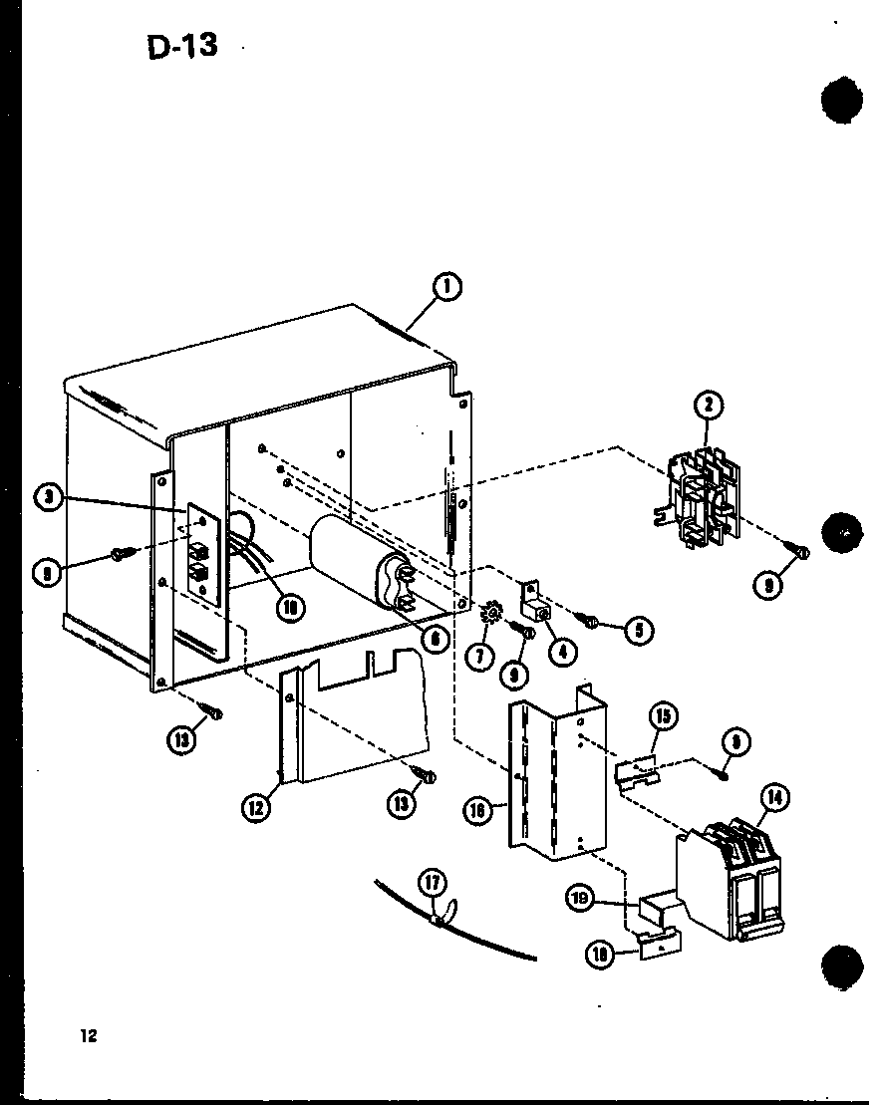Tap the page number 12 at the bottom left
(90, 1035)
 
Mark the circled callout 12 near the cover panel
(256, 808)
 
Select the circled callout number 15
(663, 717)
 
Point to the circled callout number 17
(434, 883)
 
